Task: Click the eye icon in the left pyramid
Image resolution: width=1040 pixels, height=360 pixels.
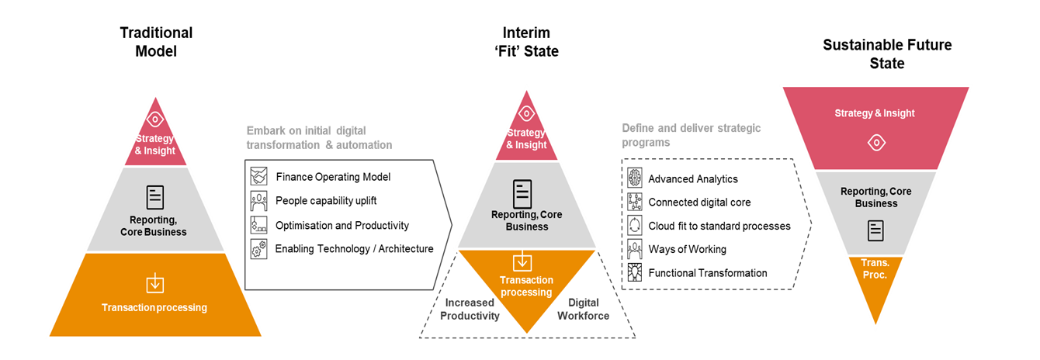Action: point(155,119)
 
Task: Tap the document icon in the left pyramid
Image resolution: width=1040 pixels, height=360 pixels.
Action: point(155,197)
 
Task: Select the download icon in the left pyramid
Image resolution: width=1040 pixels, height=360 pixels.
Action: point(155,283)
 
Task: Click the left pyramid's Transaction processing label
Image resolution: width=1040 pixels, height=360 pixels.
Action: point(154,308)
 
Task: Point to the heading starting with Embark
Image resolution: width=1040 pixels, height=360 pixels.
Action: point(319,137)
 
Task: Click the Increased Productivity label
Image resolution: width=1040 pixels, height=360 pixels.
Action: point(470,309)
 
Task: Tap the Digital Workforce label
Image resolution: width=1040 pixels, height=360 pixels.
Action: point(584,309)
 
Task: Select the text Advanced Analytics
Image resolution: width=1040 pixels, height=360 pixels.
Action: point(693,179)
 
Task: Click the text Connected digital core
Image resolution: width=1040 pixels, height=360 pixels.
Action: point(699,202)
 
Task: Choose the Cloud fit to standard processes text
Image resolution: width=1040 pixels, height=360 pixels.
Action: point(719,226)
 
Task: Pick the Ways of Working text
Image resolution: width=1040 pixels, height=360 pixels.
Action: point(688,249)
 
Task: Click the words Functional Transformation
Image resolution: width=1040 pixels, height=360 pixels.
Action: point(708,273)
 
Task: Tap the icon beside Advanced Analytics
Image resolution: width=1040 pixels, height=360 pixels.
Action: point(634,178)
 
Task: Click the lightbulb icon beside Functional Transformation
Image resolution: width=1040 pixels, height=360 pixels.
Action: point(634,272)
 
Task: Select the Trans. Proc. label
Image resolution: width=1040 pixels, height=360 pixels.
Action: point(875,268)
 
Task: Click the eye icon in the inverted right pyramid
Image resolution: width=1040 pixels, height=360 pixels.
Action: point(875,143)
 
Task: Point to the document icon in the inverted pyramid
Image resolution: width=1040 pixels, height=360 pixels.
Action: point(875,230)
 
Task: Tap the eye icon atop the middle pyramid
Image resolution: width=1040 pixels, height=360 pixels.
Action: point(526,113)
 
